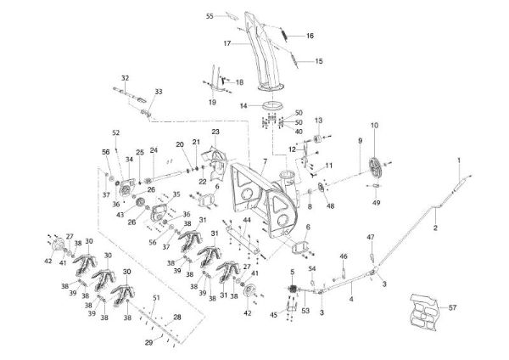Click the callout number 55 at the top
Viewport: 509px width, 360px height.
click(210, 16)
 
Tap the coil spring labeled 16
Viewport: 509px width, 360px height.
click(286, 36)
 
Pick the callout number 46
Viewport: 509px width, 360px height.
click(343, 256)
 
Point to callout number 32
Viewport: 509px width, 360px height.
click(125, 77)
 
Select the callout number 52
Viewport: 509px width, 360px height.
click(116, 132)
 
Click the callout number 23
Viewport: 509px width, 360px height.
click(216, 132)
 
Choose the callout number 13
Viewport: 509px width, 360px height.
click(320, 121)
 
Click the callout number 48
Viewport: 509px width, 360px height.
click(330, 205)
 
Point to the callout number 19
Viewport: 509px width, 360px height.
click(212, 102)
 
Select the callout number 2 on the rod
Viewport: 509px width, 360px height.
click(435, 228)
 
